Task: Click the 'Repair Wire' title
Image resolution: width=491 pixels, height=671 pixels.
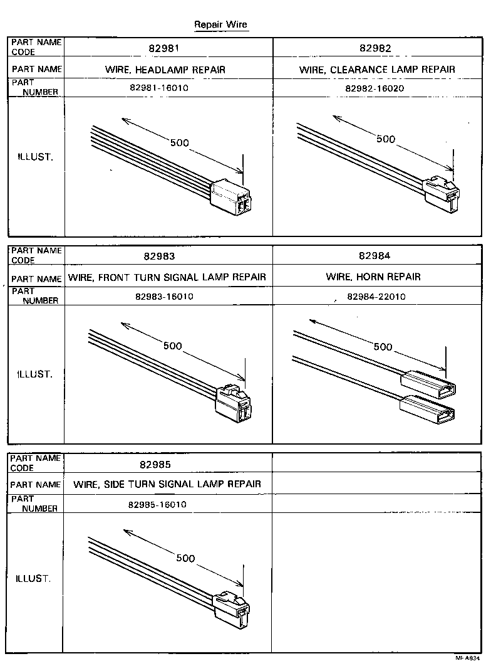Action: pos(220,24)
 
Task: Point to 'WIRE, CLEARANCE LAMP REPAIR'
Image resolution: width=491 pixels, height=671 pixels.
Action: pos(377,69)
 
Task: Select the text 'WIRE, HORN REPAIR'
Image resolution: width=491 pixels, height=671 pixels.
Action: pos(373,277)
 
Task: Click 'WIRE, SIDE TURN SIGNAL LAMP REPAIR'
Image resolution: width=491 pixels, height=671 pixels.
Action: pos(167,483)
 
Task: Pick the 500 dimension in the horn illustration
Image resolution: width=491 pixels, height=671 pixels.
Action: pos(383,346)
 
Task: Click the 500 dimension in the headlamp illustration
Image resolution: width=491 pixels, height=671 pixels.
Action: pos(179,143)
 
